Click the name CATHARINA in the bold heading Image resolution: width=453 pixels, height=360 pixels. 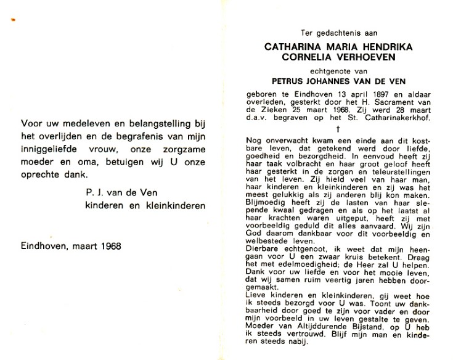pyautogui.click(x=289, y=46)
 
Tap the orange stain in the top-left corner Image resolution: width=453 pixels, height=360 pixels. pyautogui.click(x=14, y=22)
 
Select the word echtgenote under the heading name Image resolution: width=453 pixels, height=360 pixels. pyautogui.click(x=328, y=70)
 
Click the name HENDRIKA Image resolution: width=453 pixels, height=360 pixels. pyautogui.click(x=389, y=46)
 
